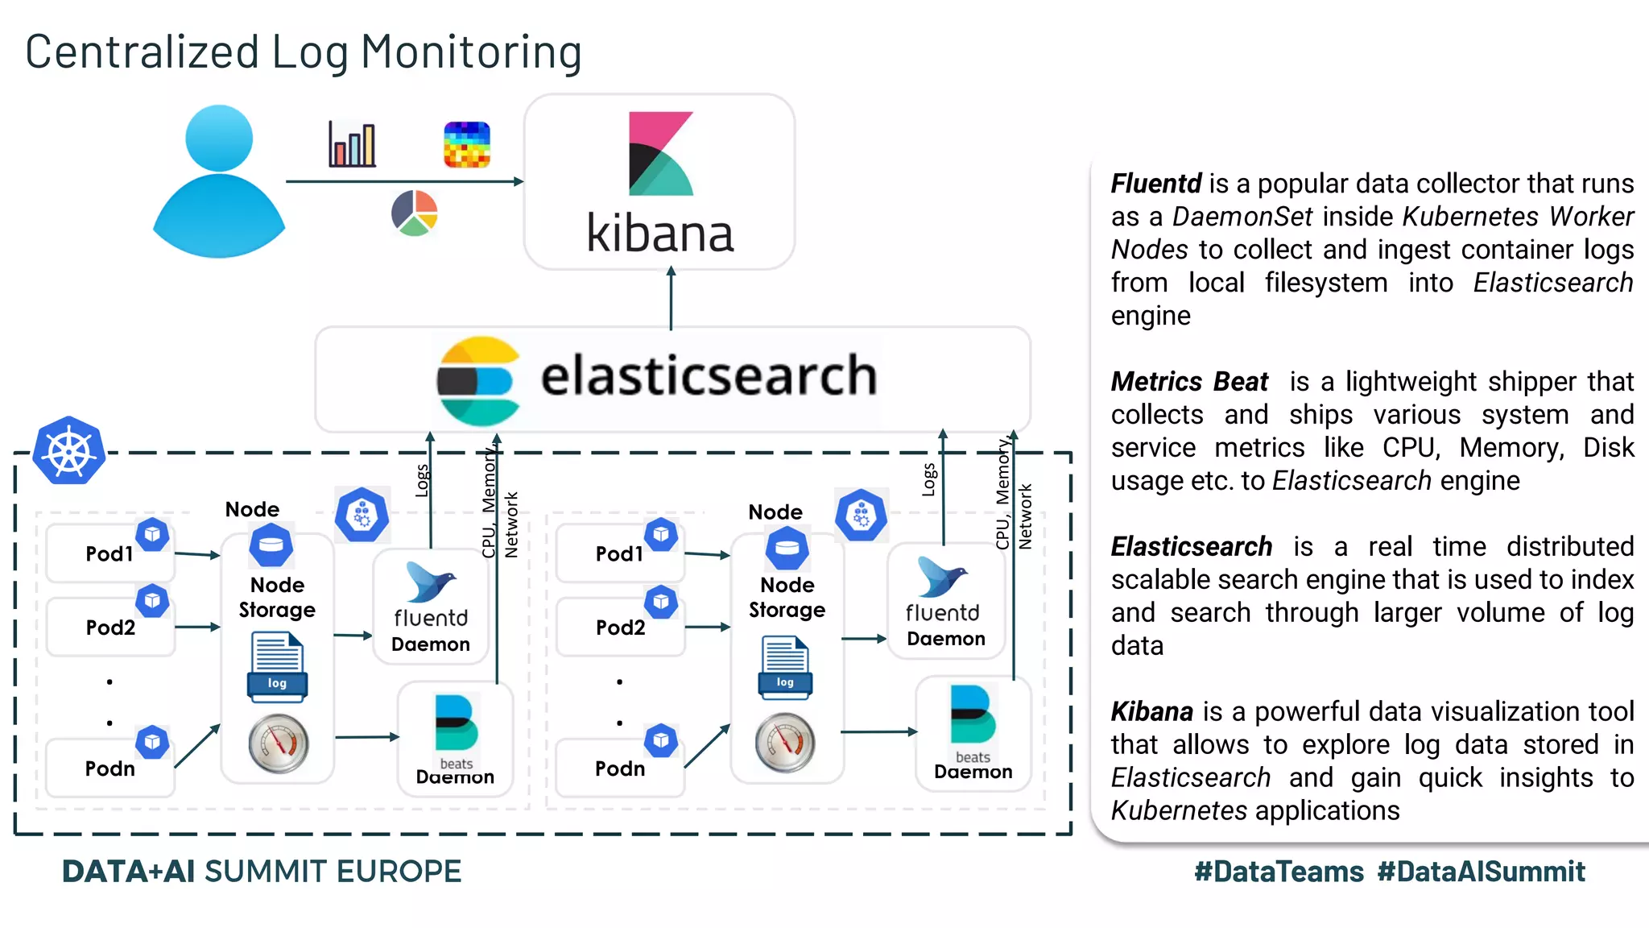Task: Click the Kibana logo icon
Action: click(x=659, y=154)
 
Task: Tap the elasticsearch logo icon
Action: click(x=477, y=380)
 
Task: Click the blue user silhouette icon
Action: click(x=219, y=182)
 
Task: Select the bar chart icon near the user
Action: click(x=352, y=145)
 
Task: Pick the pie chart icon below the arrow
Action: click(x=414, y=213)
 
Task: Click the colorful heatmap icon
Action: click(x=467, y=145)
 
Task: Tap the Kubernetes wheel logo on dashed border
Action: click(x=69, y=451)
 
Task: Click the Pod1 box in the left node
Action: click(x=110, y=553)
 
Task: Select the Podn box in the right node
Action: click(x=620, y=768)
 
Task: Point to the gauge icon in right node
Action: click(x=785, y=743)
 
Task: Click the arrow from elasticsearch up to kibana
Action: click(x=671, y=298)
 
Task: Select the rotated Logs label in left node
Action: click(x=421, y=481)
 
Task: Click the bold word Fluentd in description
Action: click(x=1155, y=184)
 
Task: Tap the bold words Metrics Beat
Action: click(x=1188, y=381)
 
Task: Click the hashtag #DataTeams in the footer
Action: click(x=1279, y=872)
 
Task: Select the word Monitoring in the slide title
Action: click(x=471, y=52)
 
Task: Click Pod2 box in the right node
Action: click(x=620, y=627)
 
